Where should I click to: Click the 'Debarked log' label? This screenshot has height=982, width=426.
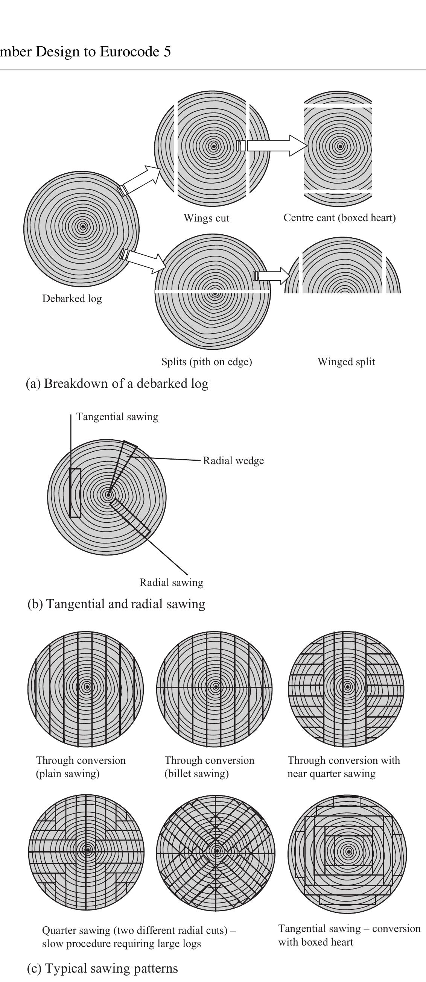click(72, 299)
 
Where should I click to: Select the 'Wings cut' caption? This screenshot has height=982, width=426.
click(206, 218)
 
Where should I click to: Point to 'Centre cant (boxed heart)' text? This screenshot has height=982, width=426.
click(339, 218)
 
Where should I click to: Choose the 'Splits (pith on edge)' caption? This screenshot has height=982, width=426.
click(206, 361)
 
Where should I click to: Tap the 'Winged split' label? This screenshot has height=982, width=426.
click(346, 361)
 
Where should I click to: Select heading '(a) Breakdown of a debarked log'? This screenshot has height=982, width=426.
click(117, 383)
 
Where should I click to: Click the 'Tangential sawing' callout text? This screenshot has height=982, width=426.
click(117, 417)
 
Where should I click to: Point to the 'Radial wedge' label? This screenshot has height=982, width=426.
click(233, 460)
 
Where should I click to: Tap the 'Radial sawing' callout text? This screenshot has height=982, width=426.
click(171, 583)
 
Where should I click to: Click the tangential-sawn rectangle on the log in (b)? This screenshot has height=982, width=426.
click(75, 493)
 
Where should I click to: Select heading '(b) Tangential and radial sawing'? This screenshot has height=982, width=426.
click(116, 604)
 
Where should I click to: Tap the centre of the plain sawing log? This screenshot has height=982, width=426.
click(87, 687)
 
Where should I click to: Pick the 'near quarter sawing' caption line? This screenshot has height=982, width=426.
click(331, 774)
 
